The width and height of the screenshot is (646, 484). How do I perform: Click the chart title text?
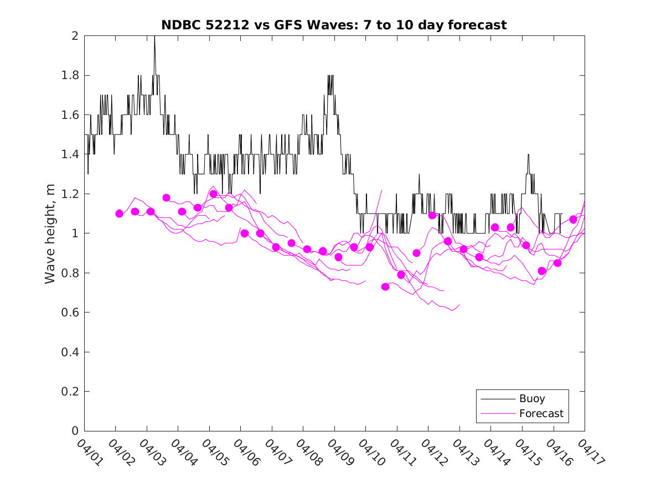334,25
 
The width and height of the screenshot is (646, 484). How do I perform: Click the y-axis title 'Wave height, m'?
50,233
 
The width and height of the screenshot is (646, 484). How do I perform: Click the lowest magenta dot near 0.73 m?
385,287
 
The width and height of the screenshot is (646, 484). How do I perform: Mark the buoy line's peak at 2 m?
154,37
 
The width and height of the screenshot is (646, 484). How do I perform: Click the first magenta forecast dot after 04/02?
119,214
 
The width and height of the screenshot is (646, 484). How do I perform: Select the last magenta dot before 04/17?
573,220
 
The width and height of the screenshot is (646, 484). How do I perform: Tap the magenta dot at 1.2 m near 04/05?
213,194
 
